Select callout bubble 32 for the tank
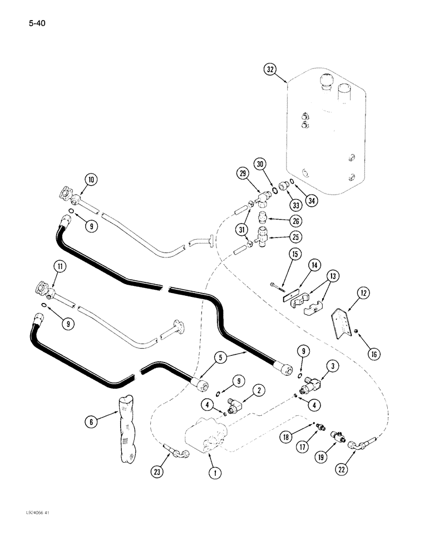point(270,69)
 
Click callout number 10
point(91,180)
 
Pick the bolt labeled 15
point(278,288)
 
